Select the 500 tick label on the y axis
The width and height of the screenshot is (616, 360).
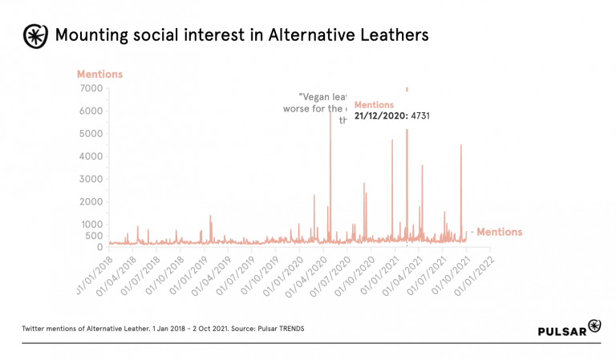click(x=95, y=236)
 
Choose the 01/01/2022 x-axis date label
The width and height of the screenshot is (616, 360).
click(x=474, y=275)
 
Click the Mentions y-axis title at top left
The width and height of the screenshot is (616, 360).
click(x=99, y=75)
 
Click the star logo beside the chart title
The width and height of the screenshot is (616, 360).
click(x=34, y=34)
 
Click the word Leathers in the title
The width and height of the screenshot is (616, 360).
click(x=392, y=34)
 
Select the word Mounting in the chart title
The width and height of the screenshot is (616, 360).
click(x=89, y=34)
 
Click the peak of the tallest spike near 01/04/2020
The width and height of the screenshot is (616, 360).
click(x=330, y=113)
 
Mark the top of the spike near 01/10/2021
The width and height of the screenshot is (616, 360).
click(x=461, y=145)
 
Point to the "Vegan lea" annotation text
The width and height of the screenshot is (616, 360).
click(x=322, y=97)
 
